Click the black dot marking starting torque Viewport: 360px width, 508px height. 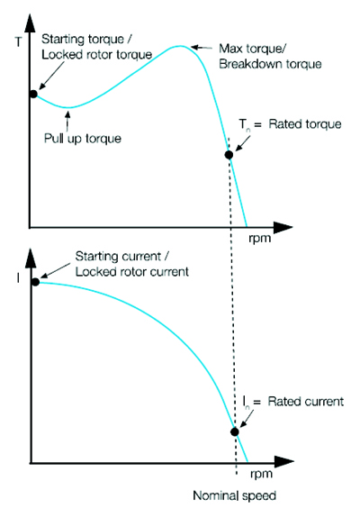(x=33, y=94)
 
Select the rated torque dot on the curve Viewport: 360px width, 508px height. (x=229, y=155)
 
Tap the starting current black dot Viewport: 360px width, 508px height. (x=35, y=282)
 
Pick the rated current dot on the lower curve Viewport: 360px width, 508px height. (x=235, y=431)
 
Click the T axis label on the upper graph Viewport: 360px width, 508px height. (x=19, y=41)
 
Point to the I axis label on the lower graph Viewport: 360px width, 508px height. (x=19, y=278)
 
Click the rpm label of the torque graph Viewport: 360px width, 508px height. (x=259, y=239)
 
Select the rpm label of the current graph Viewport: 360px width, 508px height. (x=261, y=475)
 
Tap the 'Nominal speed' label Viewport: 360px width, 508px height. (x=234, y=495)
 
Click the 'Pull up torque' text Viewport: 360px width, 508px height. (x=83, y=139)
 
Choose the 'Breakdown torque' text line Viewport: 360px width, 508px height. (x=270, y=64)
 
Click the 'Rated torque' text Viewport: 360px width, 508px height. (x=305, y=124)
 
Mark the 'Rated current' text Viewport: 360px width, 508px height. (x=305, y=402)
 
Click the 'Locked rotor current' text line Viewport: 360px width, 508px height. (x=131, y=271)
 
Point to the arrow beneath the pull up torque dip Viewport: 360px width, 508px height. (x=67, y=122)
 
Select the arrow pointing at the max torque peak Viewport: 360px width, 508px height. (x=202, y=48)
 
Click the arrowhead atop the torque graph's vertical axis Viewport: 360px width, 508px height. (x=30, y=23)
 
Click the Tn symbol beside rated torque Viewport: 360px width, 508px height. (x=244, y=124)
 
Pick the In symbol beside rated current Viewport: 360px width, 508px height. (x=247, y=402)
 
